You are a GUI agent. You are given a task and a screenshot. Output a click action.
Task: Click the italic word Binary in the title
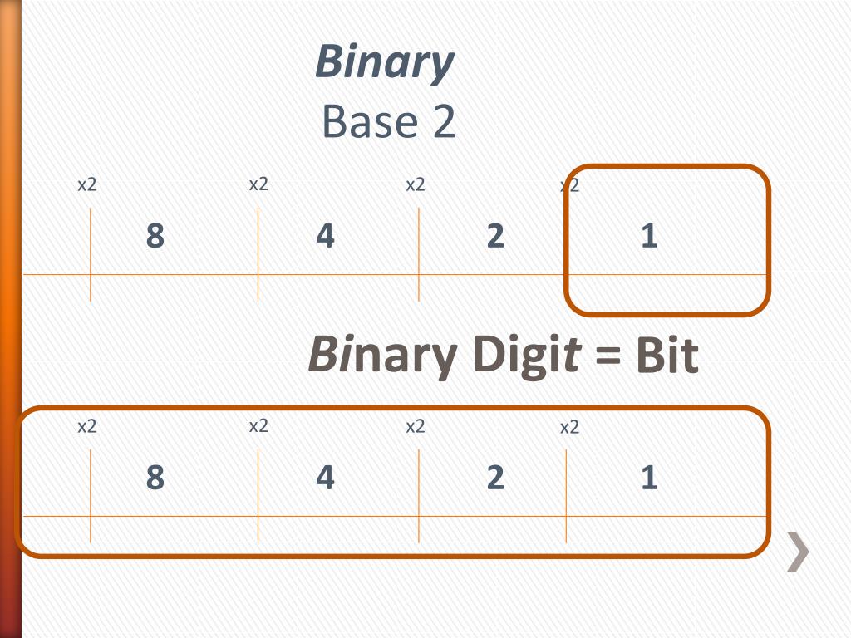pos(385,63)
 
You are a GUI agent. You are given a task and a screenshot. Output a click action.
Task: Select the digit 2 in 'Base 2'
pos(444,122)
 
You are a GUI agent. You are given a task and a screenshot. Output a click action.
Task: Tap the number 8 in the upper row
pos(155,237)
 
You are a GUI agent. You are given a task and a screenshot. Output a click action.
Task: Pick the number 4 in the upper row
pos(325,237)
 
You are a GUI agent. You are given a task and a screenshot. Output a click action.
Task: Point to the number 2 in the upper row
pos(495,237)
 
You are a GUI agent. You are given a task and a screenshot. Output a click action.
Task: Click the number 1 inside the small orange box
pos(649,237)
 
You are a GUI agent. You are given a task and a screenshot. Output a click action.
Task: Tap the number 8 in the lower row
pos(155,478)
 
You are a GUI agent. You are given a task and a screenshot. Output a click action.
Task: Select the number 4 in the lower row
pos(325,478)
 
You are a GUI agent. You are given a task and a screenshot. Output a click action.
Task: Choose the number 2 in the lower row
pos(495,478)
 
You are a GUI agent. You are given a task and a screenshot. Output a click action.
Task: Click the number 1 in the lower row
pos(649,478)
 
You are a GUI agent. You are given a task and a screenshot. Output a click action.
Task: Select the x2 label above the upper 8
pos(87,184)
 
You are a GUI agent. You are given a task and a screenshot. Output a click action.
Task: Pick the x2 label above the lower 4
pos(258,426)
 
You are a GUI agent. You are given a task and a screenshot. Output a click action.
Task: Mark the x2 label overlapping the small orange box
pos(569,185)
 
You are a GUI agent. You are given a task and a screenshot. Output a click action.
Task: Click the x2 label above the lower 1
pos(569,428)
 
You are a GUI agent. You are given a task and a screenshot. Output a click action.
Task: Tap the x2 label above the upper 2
pos(416,184)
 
